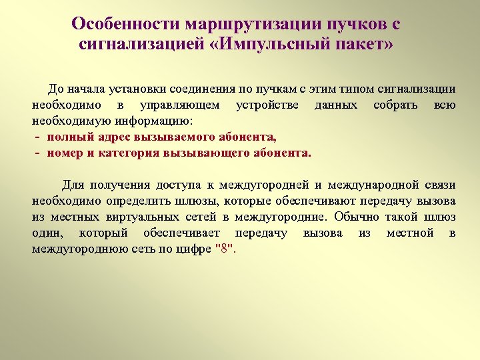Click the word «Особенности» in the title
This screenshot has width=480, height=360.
[x=117, y=24]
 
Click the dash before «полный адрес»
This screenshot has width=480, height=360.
[x=37, y=137]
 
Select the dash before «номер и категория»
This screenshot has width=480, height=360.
[x=37, y=153]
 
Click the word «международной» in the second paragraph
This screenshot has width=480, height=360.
[x=366, y=185]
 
